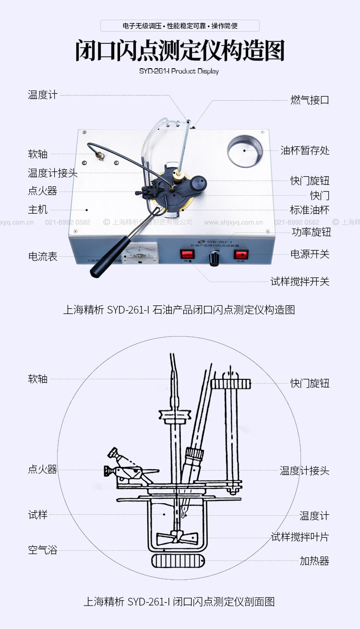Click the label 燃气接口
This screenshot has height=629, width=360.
click(310, 100)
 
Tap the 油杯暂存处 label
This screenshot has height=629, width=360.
click(305, 150)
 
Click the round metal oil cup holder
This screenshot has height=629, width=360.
click(245, 150)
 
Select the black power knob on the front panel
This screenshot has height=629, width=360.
click(214, 259)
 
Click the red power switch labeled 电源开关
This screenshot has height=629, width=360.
click(240, 254)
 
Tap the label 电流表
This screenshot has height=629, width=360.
click(43, 256)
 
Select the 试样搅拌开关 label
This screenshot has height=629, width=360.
click(300, 281)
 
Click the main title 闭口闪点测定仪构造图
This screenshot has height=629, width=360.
click(180, 51)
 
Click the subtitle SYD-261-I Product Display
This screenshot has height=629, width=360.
click(180, 71)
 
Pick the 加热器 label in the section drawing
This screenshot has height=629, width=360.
click(314, 560)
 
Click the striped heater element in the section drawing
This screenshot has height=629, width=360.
click(178, 560)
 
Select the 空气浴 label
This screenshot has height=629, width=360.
click(43, 550)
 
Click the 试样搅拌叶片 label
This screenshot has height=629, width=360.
click(300, 537)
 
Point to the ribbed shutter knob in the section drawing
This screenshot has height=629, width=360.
click(231, 383)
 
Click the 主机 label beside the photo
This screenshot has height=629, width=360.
click(38, 209)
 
